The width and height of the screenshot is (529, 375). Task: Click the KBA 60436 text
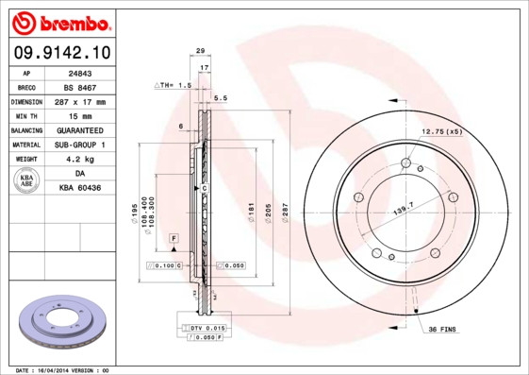(80, 189)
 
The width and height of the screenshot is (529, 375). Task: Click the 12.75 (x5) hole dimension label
(440, 130)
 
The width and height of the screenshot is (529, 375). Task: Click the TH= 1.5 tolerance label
(173, 85)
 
